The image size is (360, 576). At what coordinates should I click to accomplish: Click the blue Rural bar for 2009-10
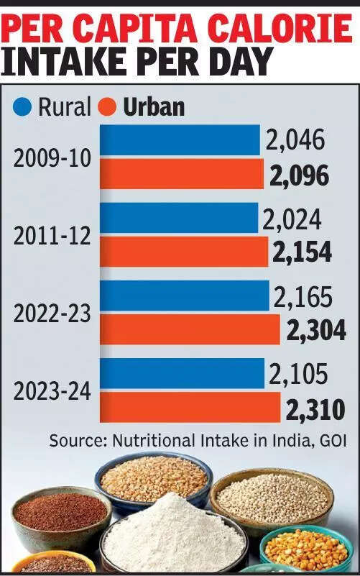(180, 140)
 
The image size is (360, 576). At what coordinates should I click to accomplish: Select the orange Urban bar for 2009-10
(181, 174)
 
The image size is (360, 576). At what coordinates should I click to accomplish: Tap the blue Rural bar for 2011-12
(178, 217)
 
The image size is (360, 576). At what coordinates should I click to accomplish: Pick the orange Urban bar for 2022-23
(189, 329)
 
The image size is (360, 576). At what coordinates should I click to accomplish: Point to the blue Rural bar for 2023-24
(182, 373)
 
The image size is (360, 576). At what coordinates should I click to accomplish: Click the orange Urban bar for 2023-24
(190, 407)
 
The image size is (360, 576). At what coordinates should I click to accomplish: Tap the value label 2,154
(302, 252)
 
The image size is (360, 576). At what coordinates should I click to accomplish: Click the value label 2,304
(316, 329)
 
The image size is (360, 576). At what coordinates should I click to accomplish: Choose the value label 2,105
(299, 374)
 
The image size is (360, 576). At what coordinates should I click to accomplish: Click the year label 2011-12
(52, 235)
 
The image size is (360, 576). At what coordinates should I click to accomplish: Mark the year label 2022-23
(52, 314)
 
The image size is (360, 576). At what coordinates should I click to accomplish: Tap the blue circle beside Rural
(23, 107)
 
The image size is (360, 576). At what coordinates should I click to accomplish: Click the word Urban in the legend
(154, 107)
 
